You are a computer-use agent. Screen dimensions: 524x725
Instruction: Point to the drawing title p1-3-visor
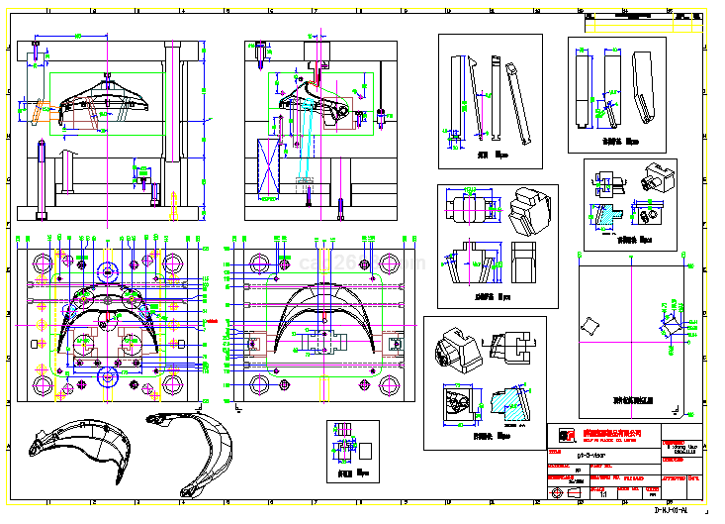(594, 450)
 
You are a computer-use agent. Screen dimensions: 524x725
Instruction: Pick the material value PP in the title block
(579, 471)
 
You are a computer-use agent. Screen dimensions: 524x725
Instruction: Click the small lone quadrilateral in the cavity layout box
(592, 327)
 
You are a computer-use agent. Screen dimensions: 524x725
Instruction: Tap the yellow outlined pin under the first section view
(41, 178)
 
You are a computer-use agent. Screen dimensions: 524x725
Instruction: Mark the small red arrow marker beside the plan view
(207, 321)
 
